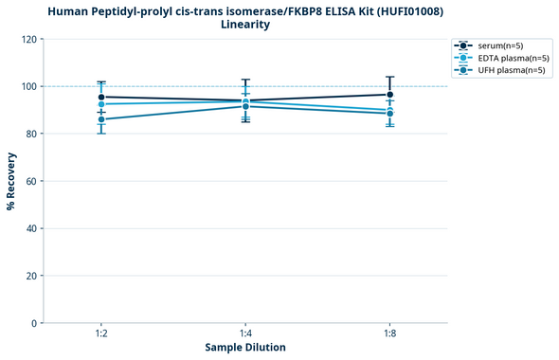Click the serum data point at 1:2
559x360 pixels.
[x=101, y=97]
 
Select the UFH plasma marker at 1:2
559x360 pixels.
[x=101, y=119]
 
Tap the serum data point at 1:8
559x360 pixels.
[x=389, y=95]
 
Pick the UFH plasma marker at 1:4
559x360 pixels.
[x=245, y=106]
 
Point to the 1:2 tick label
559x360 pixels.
[x=101, y=333]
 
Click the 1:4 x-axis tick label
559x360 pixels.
[x=245, y=333]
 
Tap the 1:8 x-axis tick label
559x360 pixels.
[x=389, y=333]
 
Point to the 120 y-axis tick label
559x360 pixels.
[x=29, y=39]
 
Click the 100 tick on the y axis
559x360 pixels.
[x=29, y=86]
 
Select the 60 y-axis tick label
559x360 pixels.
[x=32, y=181]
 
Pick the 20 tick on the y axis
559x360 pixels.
[x=32, y=276]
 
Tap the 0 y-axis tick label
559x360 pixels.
[x=35, y=323]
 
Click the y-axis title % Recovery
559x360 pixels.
[x=11, y=181]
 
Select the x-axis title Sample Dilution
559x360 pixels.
[x=245, y=348]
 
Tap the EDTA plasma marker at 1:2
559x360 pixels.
[x=101, y=104]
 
